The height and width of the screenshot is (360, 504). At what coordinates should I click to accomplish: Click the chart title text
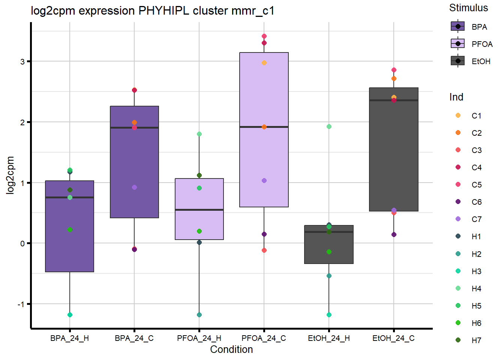(x=152, y=10)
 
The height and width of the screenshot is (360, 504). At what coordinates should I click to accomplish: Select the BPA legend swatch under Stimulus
(x=457, y=27)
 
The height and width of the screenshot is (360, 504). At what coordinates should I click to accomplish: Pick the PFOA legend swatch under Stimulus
(x=457, y=44)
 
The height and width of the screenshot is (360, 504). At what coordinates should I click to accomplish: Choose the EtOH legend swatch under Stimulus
(x=457, y=61)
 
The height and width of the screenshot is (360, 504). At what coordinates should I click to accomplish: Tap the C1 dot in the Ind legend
(x=458, y=115)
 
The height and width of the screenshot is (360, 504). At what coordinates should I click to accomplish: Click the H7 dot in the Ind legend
(x=458, y=340)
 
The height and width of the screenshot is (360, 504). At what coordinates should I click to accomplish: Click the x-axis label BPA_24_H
(x=70, y=338)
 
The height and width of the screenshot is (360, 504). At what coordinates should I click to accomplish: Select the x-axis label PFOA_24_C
(x=264, y=338)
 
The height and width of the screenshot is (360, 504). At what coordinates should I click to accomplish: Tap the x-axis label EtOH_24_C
(x=393, y=338)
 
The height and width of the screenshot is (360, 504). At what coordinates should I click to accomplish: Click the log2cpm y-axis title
(x=10, y=175)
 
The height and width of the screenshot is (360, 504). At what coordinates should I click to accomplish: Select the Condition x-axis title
(x=231, y=349)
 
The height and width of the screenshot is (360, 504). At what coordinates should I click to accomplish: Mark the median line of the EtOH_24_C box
(x=394, y=100)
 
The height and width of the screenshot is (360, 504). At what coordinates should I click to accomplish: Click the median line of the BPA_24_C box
(x=134, y=127)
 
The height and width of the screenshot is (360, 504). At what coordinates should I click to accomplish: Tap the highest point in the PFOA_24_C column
(x=264, y=36)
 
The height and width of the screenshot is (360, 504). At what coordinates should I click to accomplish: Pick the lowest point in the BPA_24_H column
(x=70, y=315)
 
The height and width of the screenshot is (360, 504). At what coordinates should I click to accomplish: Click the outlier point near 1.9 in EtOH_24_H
(x=329, y=126)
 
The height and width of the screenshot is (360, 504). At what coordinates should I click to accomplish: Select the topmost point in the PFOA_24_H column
(x=199, y=134)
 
